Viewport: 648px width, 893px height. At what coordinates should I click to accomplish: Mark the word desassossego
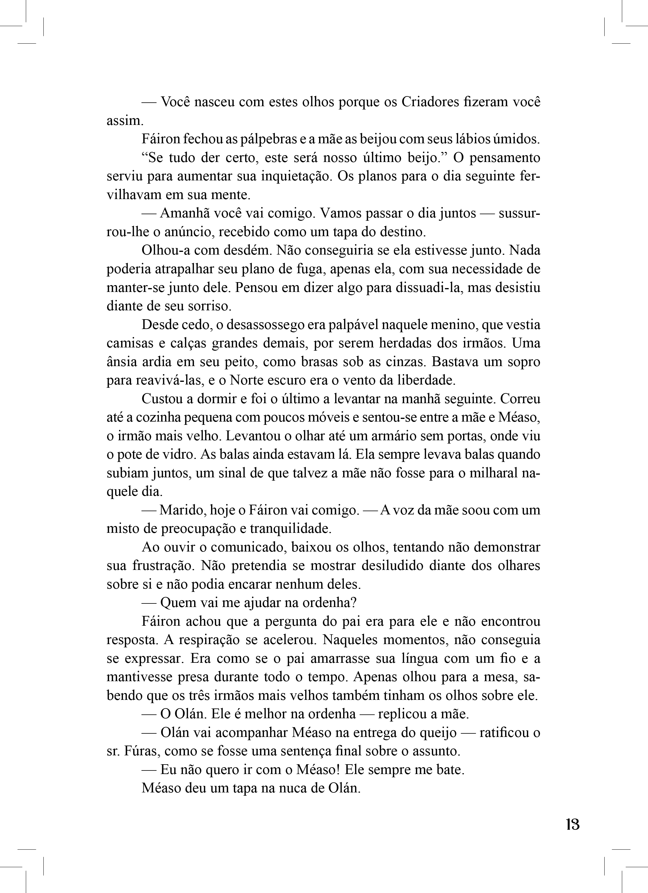click(261, 325)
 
